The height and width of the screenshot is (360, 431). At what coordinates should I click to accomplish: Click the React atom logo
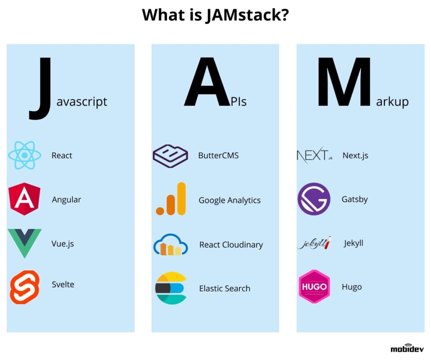coord(25,155)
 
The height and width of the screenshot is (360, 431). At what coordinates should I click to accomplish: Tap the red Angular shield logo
coord(24,199)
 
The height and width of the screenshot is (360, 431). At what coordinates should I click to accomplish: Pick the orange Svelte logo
coord(24,287)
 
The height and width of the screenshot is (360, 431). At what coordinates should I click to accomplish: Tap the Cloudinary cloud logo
coord(170,245)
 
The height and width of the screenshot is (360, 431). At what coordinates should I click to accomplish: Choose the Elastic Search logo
coord(170,288)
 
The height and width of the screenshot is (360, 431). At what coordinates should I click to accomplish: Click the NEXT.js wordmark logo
coord(314,155)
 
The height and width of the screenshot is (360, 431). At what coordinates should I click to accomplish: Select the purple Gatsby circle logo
coord(314,199)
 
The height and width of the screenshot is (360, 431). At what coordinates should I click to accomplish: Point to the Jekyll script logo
coord(314,243)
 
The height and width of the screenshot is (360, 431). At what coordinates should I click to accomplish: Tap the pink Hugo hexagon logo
coord(314,287)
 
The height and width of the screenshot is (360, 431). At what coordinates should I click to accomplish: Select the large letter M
coord(345,82)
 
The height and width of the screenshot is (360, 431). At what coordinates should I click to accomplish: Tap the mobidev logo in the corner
coord(407,348)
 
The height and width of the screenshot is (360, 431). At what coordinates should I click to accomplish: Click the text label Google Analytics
coord(229,200)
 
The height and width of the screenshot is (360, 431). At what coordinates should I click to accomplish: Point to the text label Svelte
coord(63,285)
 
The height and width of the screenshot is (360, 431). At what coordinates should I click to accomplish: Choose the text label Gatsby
coord(354,199)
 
